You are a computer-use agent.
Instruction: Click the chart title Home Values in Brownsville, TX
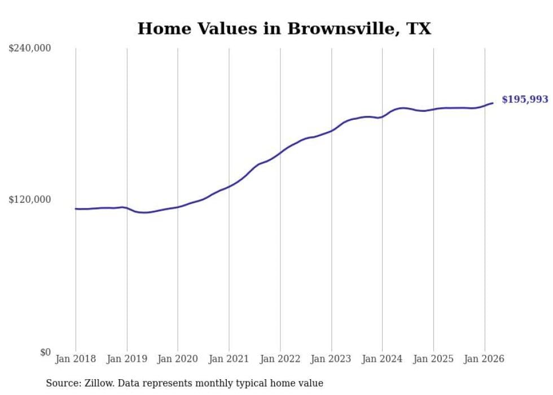click(x=284, y=29)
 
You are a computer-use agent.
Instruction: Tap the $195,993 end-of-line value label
click(x=525, y=99)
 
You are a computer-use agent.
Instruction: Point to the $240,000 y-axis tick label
click(x=30, y=49)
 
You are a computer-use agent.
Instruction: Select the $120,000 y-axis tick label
click(x=30, y=199)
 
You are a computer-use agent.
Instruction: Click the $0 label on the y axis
click(x=45, y=352)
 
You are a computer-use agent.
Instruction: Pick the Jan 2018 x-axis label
click(x=76, y=359)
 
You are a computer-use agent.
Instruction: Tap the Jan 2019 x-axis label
click(x=127, y=359)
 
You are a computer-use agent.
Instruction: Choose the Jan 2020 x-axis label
click(x=178, y=359)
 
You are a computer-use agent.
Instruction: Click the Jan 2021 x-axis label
click(x=229, y=359)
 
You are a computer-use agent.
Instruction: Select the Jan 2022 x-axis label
click(x=280, y=359)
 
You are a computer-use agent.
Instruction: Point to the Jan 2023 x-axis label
click(x=331, y=359)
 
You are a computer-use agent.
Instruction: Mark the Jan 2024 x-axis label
click(x=382, y=359)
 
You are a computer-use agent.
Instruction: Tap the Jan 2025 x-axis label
click(x=433, y=359)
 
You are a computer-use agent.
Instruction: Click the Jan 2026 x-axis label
click(x=484, y=359)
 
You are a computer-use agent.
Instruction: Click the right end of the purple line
click(x=493, y=103)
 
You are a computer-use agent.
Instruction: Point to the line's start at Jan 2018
click(x=76, y=209)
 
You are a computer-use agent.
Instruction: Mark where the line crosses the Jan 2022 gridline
click(x=280, y=152)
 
